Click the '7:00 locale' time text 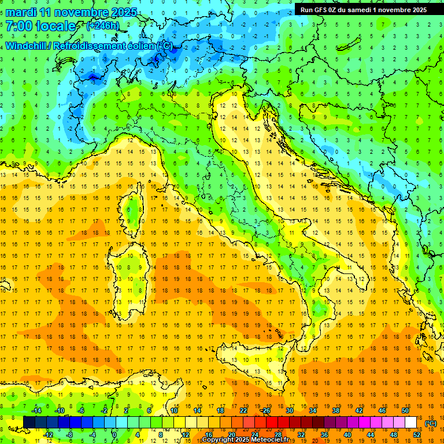pyautogui.click(x=41, y=26)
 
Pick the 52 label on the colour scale pyautogui.click(x=417, y=434)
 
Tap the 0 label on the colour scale pyautogui.click(x=114, y=434)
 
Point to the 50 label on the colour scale pyautogui.click(x=405, y=410)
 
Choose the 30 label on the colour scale pyautogui.click(x=289, y=410)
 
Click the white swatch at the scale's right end pyautogui.click(x=411, y=422)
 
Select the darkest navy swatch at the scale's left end pyautogui.click(x=29, y=422)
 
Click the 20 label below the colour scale pyautogui.click(x=231, y=434)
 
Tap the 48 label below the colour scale pyautogui.click(x=394, y=434)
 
